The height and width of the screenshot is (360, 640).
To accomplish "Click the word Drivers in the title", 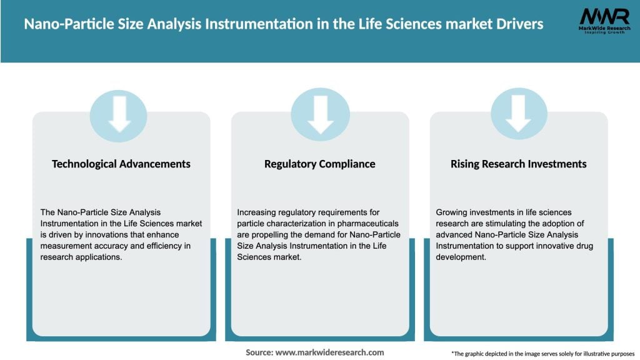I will (x=517, y=24).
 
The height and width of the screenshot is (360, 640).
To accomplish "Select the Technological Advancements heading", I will (x=121, y=164).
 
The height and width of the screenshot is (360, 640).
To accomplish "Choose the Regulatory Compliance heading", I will (x=320, y=164).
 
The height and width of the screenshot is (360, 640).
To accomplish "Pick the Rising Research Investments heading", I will (x=518, y=164).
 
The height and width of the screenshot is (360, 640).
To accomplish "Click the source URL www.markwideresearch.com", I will (x=330, y=352).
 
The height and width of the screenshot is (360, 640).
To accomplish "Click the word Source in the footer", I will (x=259, y=352).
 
